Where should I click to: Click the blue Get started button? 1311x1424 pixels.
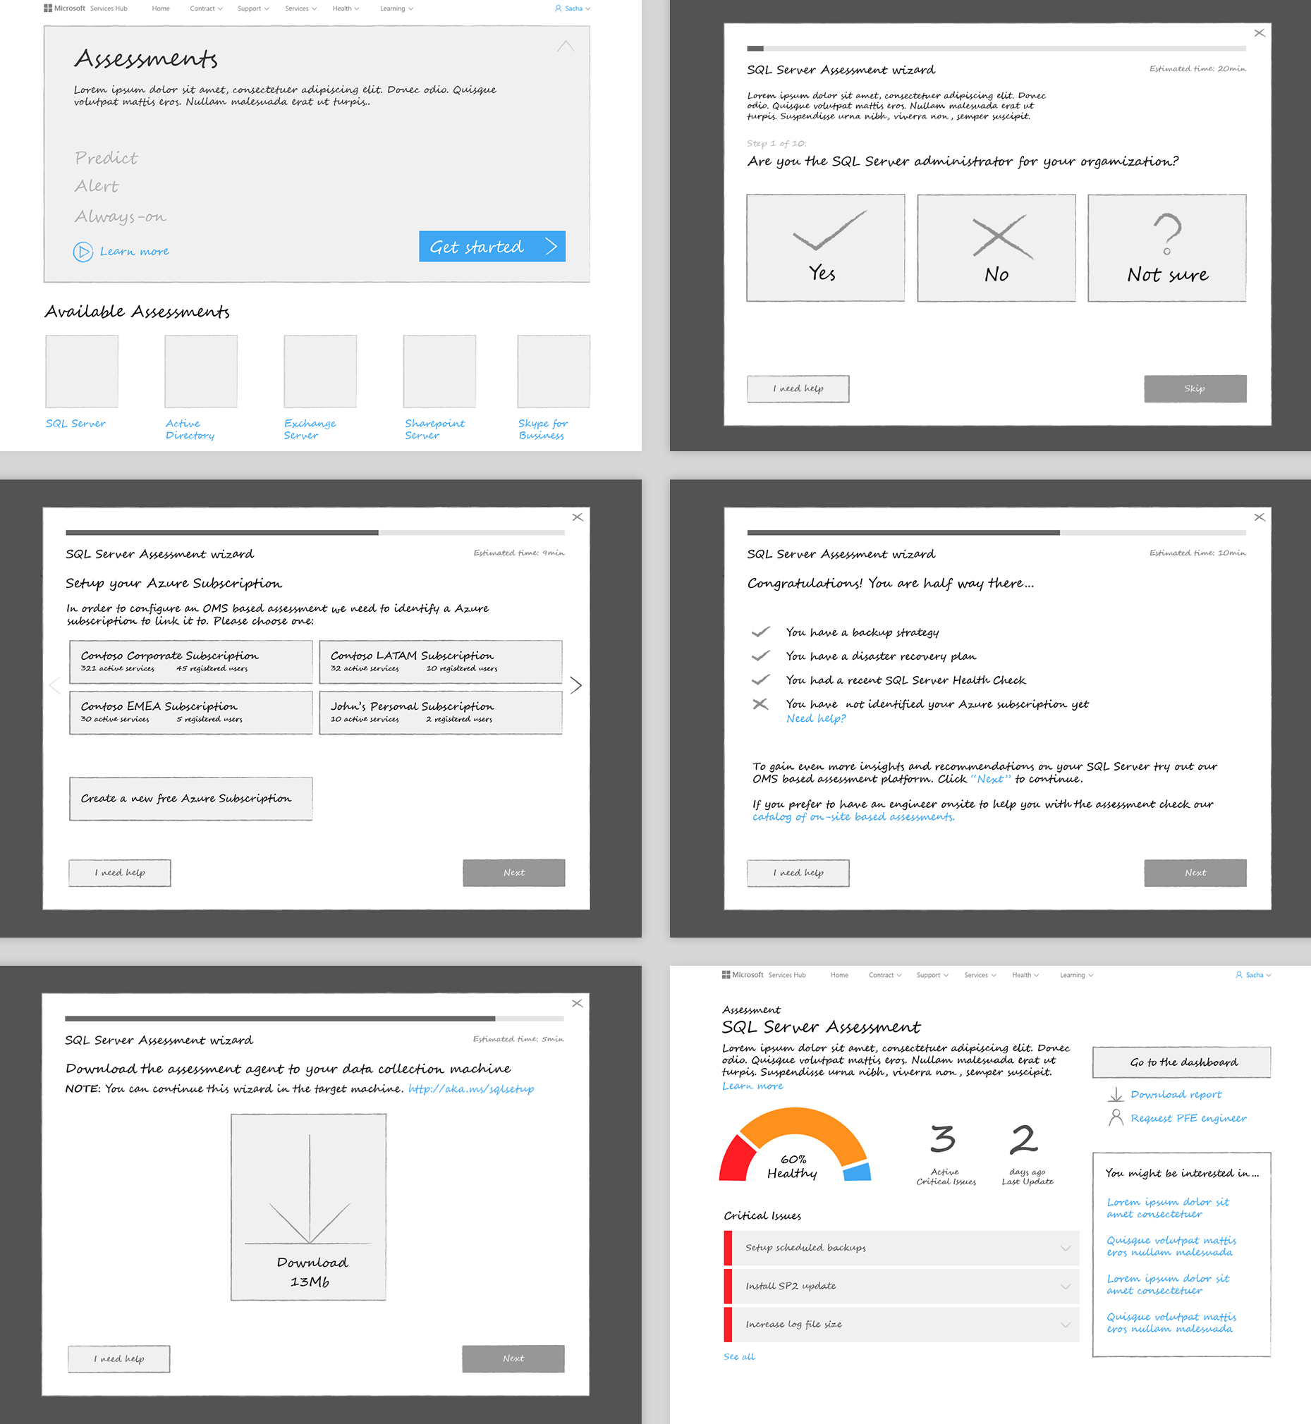(x=492, y=247)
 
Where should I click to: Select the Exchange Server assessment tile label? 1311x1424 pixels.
(x=310, y=429)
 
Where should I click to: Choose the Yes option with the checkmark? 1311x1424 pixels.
(x=825, y=247)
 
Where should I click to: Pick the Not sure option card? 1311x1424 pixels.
(x=1166, y=247)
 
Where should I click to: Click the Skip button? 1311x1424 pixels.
(x=1195, y=388)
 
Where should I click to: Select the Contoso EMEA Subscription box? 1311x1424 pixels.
(x=191, y=712)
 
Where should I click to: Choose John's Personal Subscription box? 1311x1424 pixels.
(x=441, y=712)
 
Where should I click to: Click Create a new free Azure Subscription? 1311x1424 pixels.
(x=191, y=799)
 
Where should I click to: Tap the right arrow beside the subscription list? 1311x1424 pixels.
(x=576, y=685)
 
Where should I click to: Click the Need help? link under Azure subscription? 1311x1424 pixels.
(x=816, y=718)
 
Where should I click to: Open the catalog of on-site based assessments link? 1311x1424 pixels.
(x=853, y=817)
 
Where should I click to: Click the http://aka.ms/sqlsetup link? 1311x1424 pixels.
(x=471, y=1088)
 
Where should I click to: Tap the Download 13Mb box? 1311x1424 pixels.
(x=309, y=1206)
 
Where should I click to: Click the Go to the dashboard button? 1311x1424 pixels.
(x=1181, y=1062)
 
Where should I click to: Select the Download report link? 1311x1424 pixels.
(x=1176, y=1094)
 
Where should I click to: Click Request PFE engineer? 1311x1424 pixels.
(x=1188, y=1118)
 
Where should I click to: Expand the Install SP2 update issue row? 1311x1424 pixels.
(x=901, y=1286)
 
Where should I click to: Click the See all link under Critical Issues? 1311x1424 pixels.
(x=739, y=1356)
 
